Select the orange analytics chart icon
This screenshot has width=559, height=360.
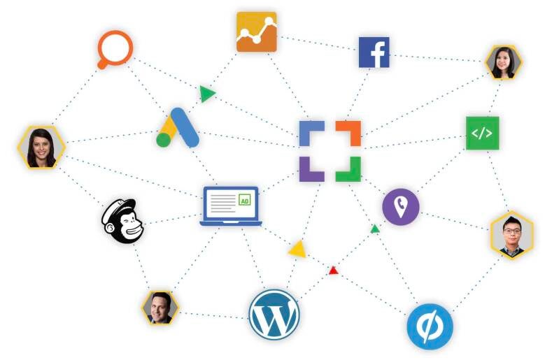point(256,31)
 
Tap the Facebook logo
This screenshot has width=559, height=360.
point(374,52)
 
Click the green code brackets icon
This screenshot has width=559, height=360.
point(482,133)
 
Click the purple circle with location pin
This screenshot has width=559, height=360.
point(401,207)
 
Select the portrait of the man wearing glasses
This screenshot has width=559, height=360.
point(511,234)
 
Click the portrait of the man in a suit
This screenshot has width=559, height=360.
point(160,308)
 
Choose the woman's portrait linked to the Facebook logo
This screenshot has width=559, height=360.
point(504,64)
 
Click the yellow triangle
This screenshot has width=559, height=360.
point(297,249)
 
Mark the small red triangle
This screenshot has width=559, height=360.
point(334,270)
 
